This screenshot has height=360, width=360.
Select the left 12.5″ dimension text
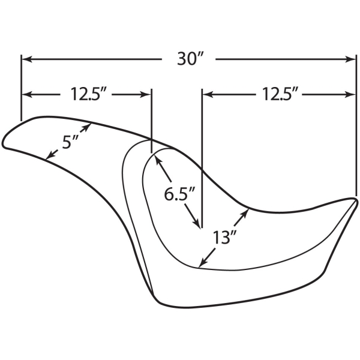86,94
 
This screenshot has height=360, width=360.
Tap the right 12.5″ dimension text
278,94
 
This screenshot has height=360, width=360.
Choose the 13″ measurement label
221,237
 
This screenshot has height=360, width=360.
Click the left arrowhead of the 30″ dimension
27,59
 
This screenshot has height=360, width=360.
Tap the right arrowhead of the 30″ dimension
350,59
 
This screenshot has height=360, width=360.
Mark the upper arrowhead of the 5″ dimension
88,127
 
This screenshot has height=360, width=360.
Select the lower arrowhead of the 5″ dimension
50,155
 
